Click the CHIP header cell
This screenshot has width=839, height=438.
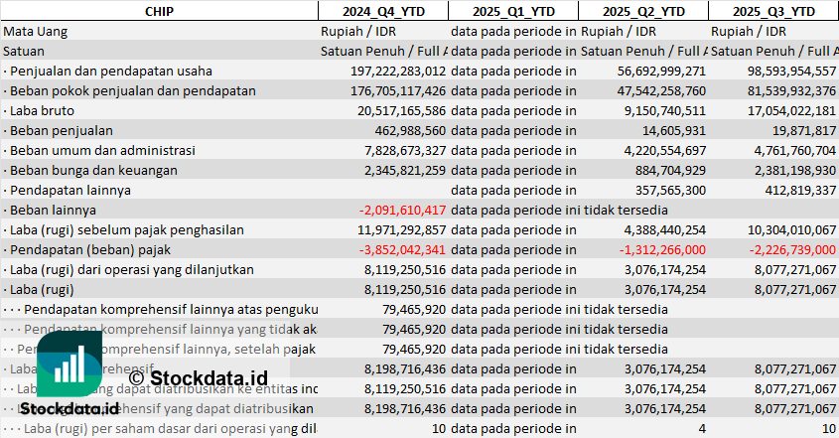[x=159, y=11]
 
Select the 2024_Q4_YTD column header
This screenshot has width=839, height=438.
[x=382, y=11]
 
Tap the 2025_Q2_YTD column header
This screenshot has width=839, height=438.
[x=642, y=11]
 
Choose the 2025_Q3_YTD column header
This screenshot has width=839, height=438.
[x=773, y=11]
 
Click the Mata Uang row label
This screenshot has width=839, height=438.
[x=36, y=31]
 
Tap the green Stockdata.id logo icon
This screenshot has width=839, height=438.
[x=70, y=365]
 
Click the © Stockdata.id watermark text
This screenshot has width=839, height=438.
[x=199, y=377]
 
